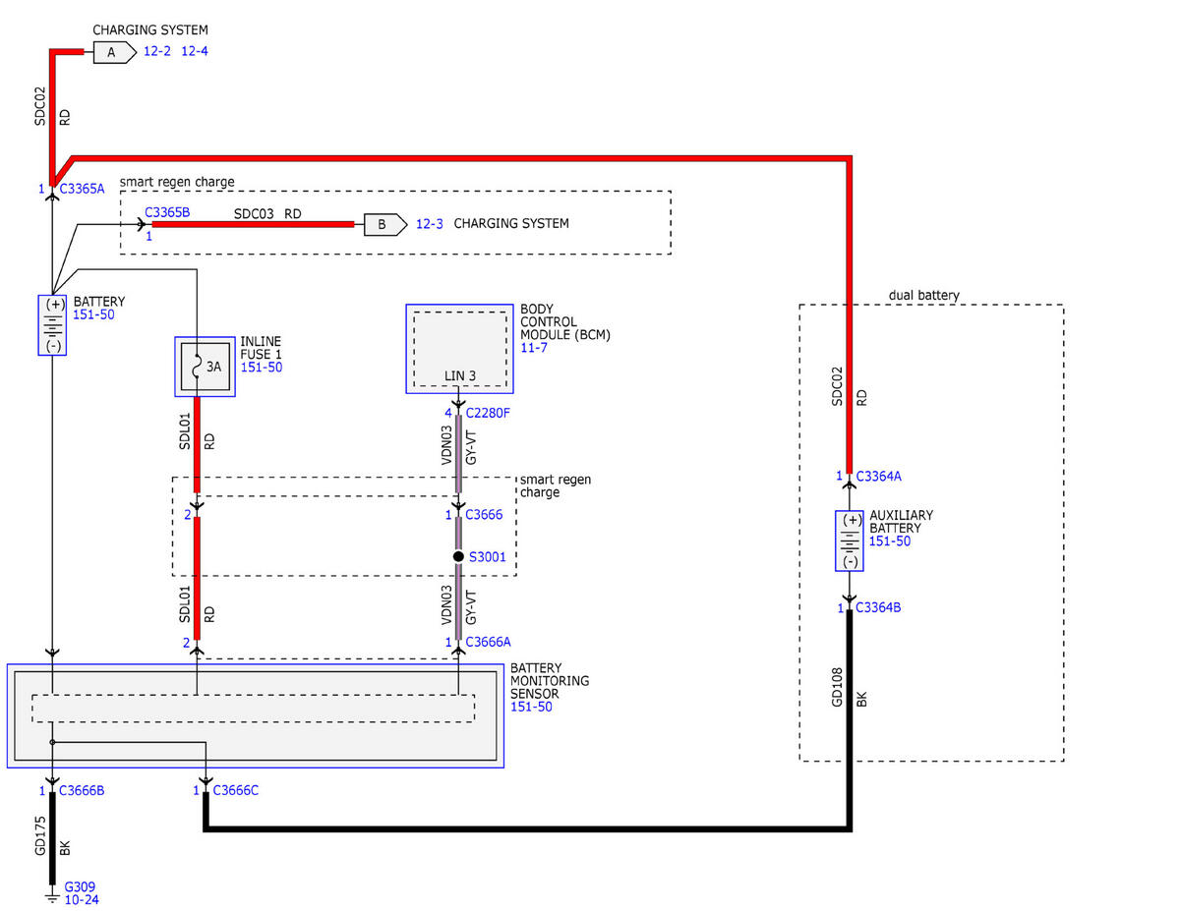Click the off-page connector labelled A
[114, 53]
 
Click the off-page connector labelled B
[385, 225]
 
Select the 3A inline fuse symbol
[205, 367]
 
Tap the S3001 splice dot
[458, 556]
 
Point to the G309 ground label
[80, 886]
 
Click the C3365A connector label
[82, 189]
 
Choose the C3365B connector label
[167, 212]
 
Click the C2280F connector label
[488, 413]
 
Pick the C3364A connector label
[878, 476]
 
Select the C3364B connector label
[878, 607]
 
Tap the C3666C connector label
[236, 790]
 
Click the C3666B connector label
[82, 790]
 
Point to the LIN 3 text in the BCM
[460, 375]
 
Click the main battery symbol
[52, 325]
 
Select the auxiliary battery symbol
[850, 541]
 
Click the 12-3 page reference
[429, 224]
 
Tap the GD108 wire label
[837, 687]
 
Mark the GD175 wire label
[39, 835]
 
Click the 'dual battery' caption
[923, 295]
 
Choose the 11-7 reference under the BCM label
[534, 347]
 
